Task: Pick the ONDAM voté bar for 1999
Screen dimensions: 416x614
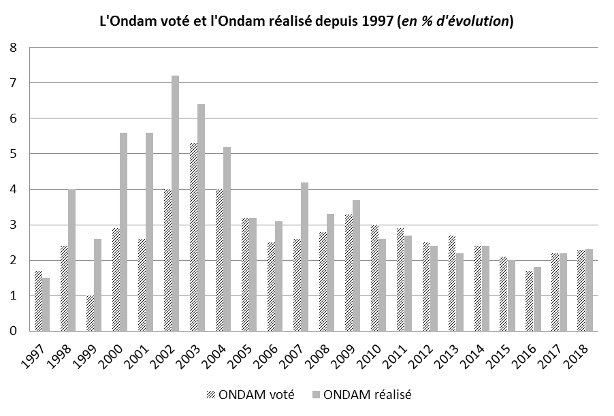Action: coord(90,313)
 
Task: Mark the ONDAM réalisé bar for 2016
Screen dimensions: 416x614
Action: coord(537,299)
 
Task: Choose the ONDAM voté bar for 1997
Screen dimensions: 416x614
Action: coord(38,300)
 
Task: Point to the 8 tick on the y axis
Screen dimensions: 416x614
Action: coord(13,48)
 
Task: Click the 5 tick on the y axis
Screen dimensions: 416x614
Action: coord(13,154)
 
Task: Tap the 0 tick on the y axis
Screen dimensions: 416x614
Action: coord(13,331)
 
